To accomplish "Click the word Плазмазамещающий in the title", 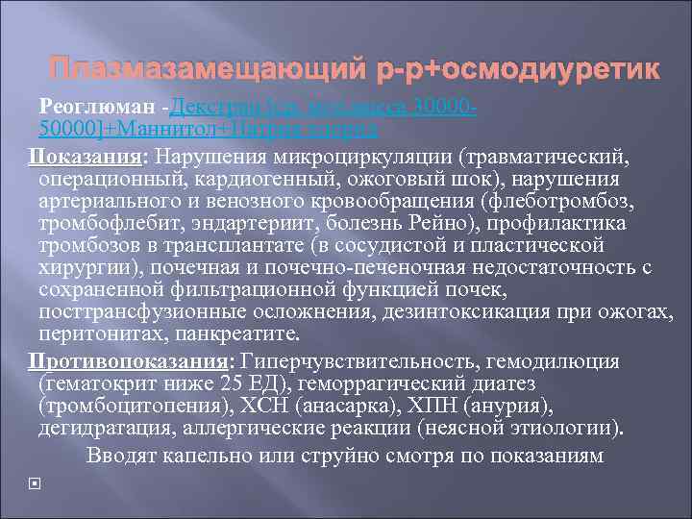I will pyautogui.click(x=207, y=70).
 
